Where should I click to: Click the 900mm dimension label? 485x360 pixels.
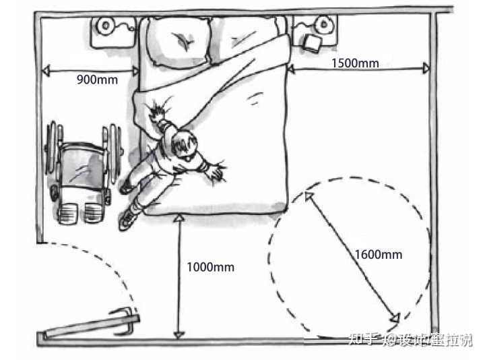(97, 80)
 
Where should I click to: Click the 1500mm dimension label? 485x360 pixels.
(355, 63)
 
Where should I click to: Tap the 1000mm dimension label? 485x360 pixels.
(211, 267)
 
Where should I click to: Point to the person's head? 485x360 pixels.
(184, 144)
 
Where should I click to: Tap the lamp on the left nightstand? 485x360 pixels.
(106, 26)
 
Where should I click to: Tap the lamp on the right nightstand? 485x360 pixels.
(324, 26)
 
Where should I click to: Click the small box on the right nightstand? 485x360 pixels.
(313, 42)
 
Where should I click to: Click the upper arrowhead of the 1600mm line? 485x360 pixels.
(308, 196)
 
